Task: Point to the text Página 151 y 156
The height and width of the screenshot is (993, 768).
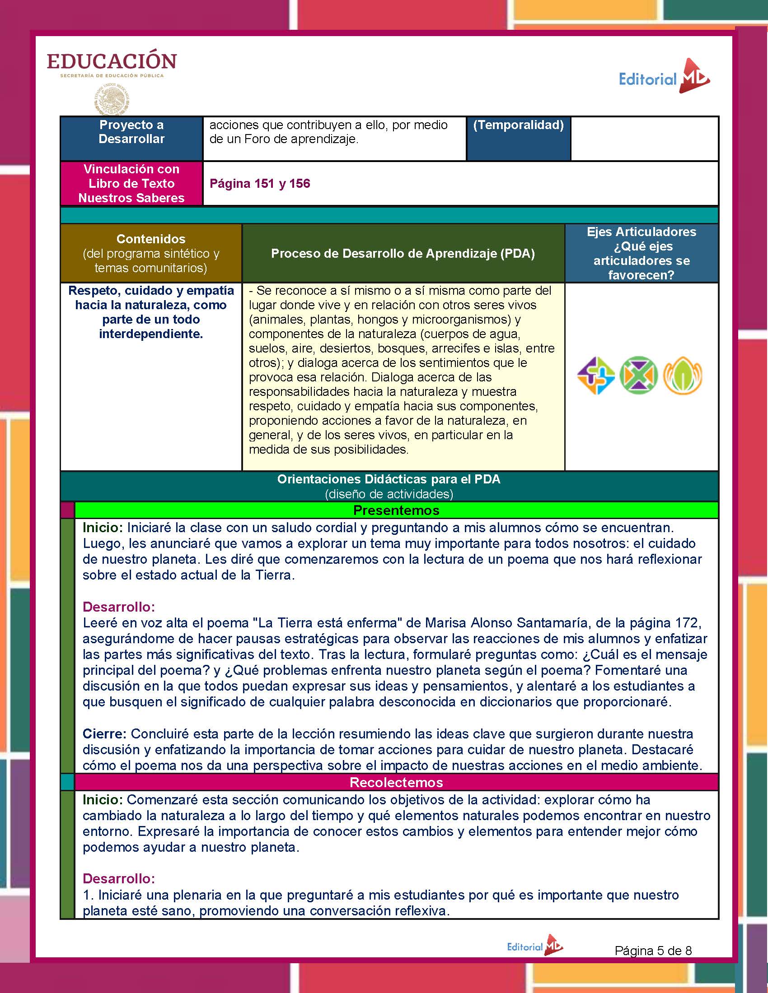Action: click(x=260, y=183)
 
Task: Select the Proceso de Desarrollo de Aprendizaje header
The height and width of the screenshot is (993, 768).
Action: click(x=403, y=253)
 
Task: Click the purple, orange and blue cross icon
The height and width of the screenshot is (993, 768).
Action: click(x=595, y=376)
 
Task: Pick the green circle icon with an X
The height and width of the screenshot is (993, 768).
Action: click(x=639, y=376)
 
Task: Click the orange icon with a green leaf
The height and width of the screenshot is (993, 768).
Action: click(x=683, y=376)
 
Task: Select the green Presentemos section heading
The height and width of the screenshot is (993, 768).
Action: click(x=396, y=510)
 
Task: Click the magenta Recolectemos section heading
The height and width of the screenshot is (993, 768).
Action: click(x=396, y=782)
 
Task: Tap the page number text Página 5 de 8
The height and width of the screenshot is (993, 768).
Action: click(x=653, y=950)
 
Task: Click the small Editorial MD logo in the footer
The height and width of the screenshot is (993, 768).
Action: click(x=535, y=946)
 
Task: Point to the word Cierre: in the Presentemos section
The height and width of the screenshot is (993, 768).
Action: click(x=105, y=734)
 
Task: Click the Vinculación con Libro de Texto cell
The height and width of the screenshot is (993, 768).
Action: click(x=131, y=183)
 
